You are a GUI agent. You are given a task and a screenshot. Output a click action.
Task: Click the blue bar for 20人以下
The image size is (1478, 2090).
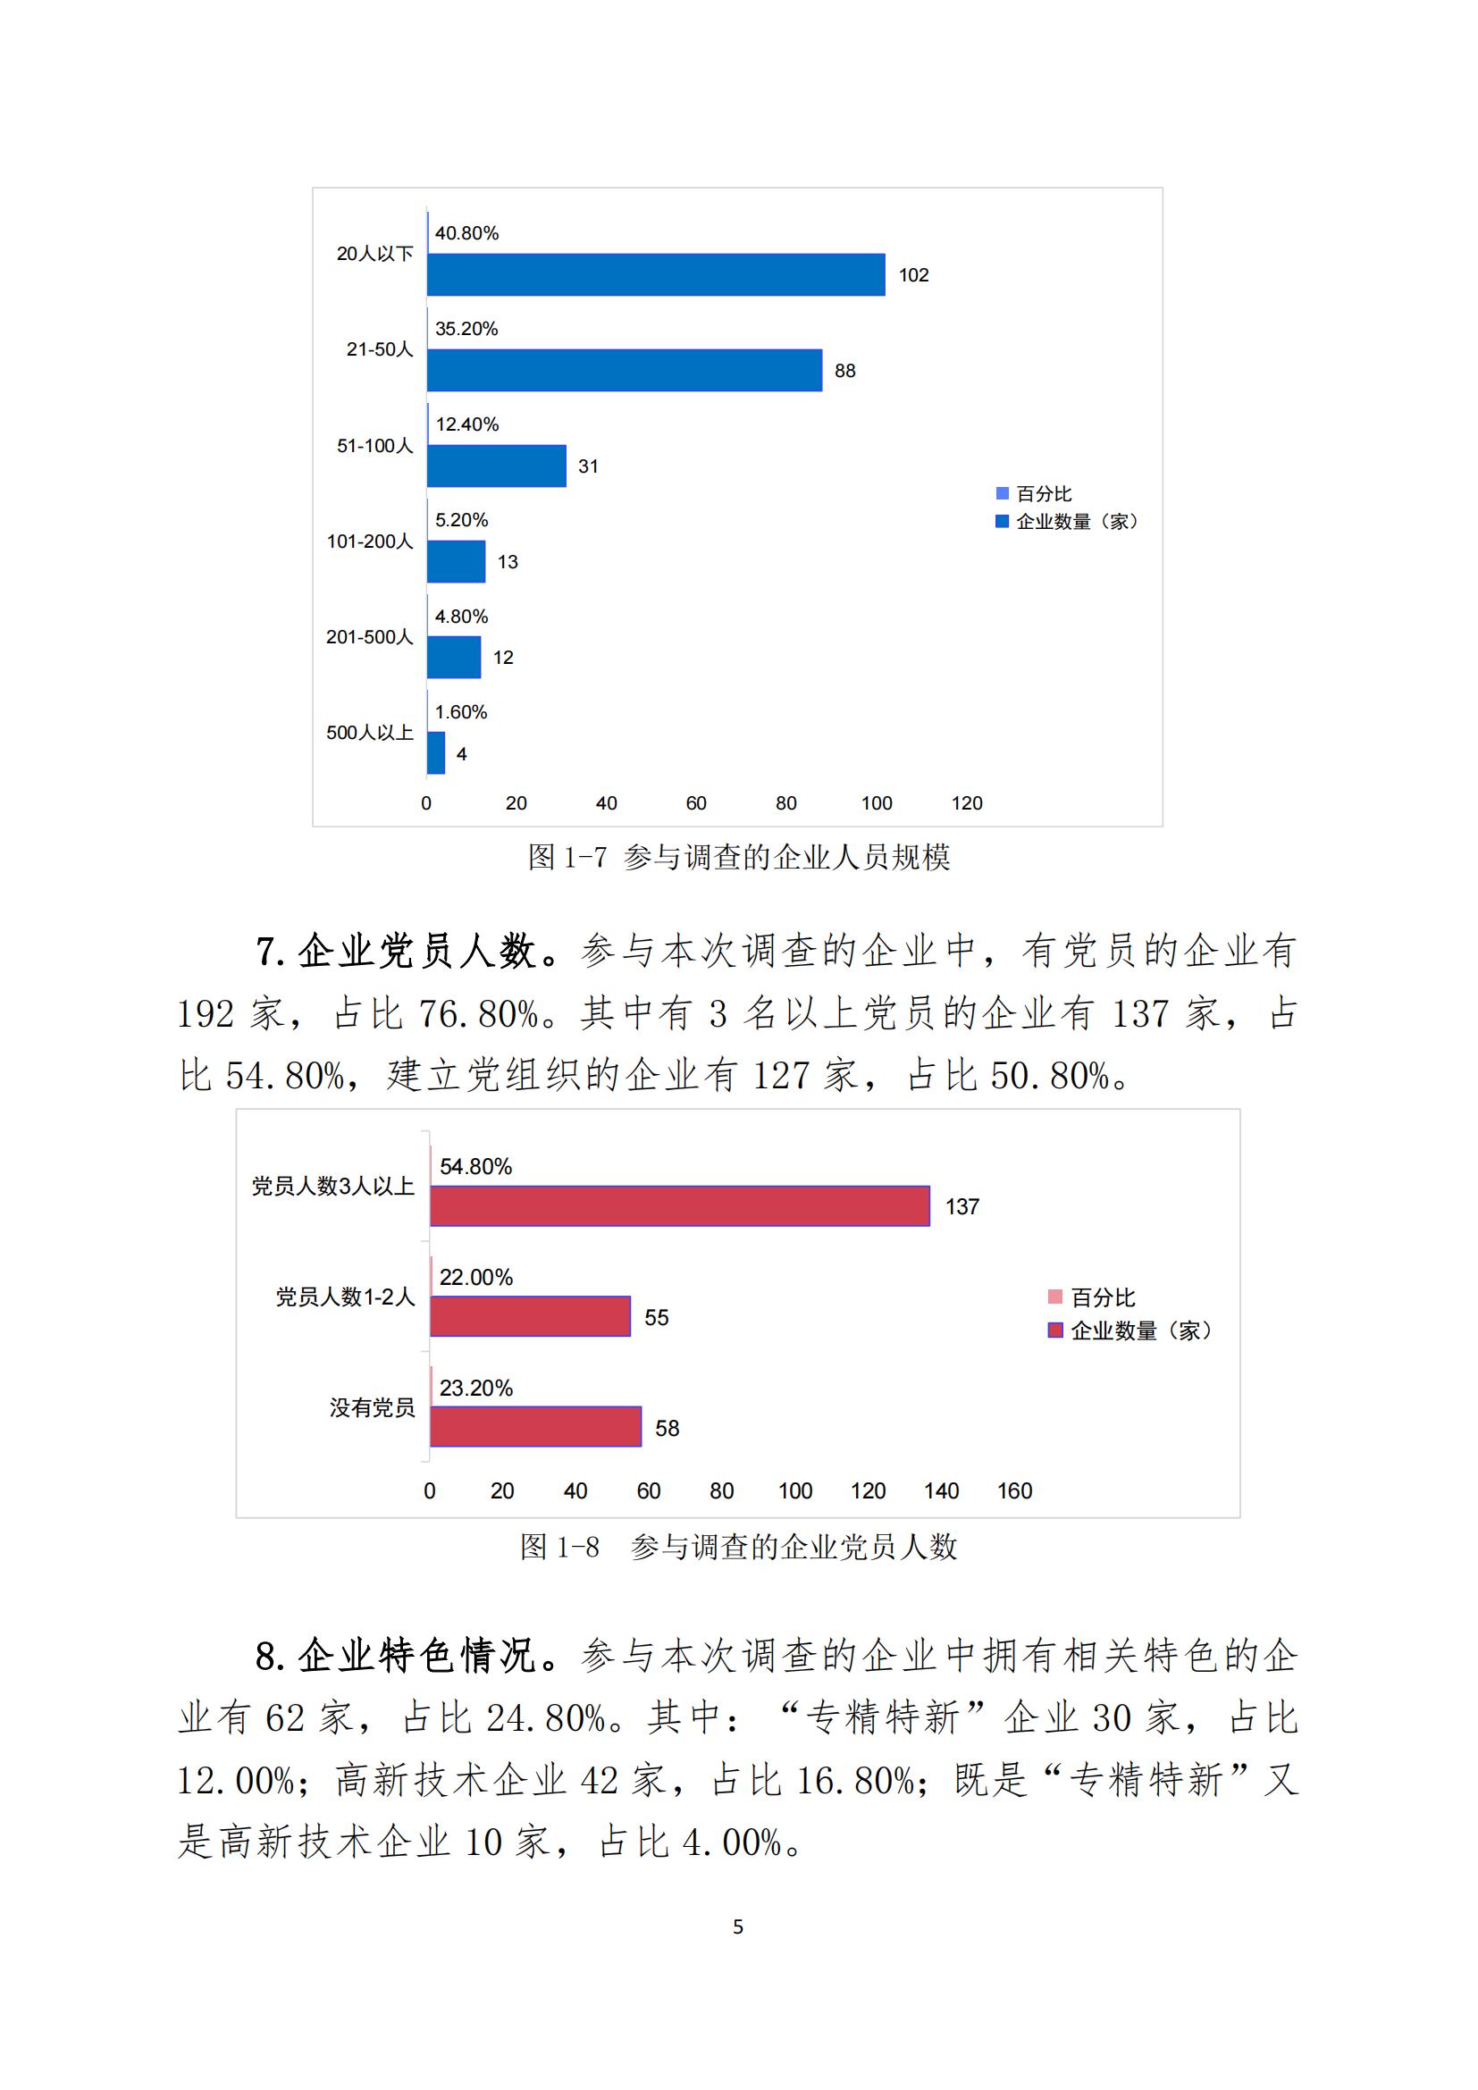pos(655,274)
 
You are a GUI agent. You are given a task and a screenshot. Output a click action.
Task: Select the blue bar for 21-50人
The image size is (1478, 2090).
pos(625,371)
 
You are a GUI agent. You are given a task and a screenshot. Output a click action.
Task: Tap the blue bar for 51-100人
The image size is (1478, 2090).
pos(496,466)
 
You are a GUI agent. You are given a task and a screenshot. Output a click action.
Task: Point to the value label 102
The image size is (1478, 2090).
pos(913,275)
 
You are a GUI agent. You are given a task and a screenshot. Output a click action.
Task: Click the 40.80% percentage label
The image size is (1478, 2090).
pos(466,233)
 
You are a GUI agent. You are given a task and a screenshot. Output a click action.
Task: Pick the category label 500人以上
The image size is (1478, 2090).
pos(370,733)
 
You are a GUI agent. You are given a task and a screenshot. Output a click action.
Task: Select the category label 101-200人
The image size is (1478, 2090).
pos(370,541)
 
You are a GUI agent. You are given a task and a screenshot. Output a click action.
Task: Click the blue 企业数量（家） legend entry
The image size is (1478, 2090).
pos(1067,522)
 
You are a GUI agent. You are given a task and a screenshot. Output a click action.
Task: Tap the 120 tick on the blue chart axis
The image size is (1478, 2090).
pos(967,803)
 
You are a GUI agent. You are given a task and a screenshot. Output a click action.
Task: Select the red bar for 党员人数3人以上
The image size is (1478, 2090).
pos(679,1206)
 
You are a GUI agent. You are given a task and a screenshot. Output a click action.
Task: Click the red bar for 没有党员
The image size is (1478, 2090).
pos(535,1427)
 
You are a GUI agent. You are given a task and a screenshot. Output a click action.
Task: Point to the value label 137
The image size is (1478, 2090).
pos(962,1207)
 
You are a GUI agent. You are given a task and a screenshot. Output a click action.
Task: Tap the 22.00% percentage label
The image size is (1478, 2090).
pos(476,1277)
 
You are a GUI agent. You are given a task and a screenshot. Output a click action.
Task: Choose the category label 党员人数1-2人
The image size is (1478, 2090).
pos(345,1297)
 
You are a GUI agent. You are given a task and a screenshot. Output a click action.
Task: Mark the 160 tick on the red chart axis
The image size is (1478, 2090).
pos(1014,1491)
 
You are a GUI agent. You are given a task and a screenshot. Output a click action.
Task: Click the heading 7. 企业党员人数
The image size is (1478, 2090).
pos(407,953)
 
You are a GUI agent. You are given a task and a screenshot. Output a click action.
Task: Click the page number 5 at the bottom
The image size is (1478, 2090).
pos(738,1926)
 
